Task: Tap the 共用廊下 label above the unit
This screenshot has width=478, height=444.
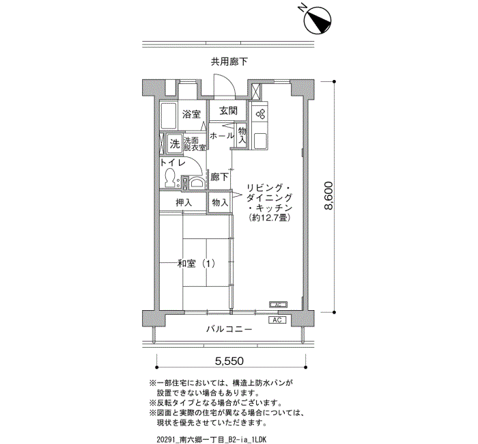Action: pyautogui.click(x=229, y=62)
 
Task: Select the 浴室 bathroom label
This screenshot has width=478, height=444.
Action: pyautogui.click(x=191, y=114)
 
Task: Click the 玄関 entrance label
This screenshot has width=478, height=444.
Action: pyautogui.click(x=228, y=111)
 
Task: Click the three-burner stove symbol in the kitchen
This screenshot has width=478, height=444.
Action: pyautogui.click(x=259, y=114)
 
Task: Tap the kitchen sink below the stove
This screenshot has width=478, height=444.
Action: pyautogui.click(x=260, y=140)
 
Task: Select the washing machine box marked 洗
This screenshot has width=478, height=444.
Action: pyautogui.click(x=174, y=143)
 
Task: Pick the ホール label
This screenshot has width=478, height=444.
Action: pyautogui.click(x=221, y=136)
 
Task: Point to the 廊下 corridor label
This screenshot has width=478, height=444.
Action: pyautogui.click(x=219, y=176)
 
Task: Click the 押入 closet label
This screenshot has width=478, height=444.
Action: pyautogui.click(x=184, y=203)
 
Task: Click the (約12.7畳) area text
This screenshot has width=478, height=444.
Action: pyautogui.click(x=268, y=218)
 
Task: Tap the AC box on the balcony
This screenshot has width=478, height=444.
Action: pyautogui.click(x=277, y=320)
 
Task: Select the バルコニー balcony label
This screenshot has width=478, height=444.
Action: pyautogui.click(x=229, y=330)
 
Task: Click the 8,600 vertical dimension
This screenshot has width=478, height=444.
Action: pyautogui.click(x=328, y=197)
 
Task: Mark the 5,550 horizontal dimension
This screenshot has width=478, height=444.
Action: pyautogui.click(x=229, y=360)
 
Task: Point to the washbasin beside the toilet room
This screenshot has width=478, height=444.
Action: pyautogui.click(x=195, y=181)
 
